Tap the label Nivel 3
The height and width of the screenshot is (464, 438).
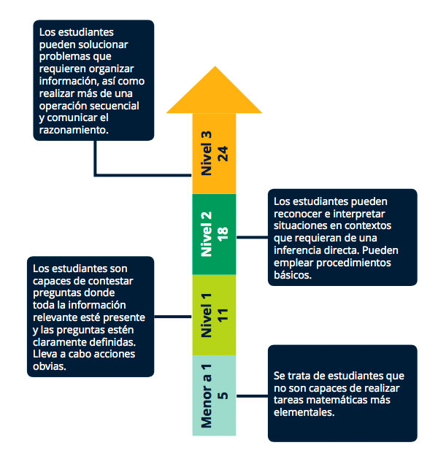pyautogui.click(x=207, y=153)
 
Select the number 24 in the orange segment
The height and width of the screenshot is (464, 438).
pyautogui.click(x=223, y=154)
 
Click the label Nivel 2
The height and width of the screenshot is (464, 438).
pyautogui.click(x=207, y=234)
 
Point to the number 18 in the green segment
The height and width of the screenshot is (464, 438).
pyautogui.click(x=223, y=234)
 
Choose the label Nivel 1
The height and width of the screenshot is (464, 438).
pyautogui.click(x=207, y=315)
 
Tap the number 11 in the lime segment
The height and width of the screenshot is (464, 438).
pyautogui.click(x=223, y=315)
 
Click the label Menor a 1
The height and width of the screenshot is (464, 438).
pyautogui.click(x=207, y=396)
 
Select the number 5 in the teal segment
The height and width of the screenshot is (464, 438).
pyautogui.click(x=223, y=396)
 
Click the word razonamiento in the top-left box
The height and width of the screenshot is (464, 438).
pyautogui.click(x=74, y=130)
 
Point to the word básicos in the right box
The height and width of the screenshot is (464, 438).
pyautogui.click(x=293, y=275)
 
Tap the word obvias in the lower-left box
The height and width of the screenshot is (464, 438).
pyautogui.click(x=50, y=366)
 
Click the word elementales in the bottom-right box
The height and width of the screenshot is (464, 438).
pyautogui.click(x=304, y=412)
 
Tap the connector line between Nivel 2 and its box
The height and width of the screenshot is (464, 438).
pyautogui.click(x=252, y=237)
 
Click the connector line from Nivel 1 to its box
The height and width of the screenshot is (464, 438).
pyautogui.click(x=173, y=317)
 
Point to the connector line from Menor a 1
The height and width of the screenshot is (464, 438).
pyautogui.click(x=252, y=396)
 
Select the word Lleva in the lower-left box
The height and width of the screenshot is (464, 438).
pyautogui.click(x=46, y=354)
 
